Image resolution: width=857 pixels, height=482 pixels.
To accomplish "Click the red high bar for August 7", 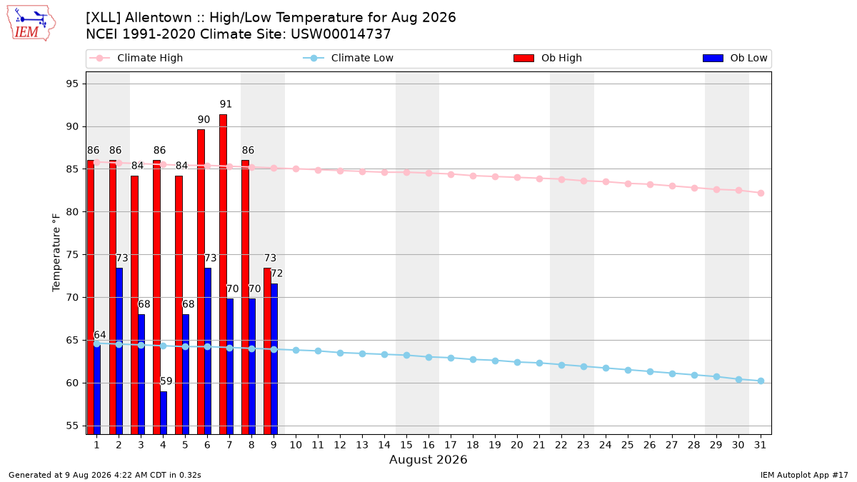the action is coord(223,274).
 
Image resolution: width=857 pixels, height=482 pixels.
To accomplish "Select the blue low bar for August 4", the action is coord(164,413).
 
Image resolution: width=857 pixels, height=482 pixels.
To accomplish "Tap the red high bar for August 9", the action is coord(267,351).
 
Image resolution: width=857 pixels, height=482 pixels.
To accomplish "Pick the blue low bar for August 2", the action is coord(119,351).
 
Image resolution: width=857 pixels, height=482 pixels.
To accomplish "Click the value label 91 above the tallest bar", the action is coord(226,104).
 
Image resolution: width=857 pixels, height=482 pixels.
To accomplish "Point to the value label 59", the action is coord(166,381).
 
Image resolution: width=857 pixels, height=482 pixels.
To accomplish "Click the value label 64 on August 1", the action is coord(100,335).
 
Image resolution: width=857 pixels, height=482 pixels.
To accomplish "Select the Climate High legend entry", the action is coord(136,58).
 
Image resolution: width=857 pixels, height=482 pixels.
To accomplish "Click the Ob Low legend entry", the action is coord(735,58).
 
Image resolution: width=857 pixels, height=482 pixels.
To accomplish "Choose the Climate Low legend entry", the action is coord(349,58).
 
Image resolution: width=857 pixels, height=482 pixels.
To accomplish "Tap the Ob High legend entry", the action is coord(548,58).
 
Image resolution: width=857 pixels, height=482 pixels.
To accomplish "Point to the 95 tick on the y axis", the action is coord(72,84).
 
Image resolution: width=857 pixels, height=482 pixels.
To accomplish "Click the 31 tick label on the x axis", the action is coord(760,445).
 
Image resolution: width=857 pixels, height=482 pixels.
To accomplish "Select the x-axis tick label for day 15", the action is coord(406,445).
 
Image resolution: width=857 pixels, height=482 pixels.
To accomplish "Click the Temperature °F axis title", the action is coord(56,253).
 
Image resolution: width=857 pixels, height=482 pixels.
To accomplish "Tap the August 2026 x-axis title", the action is coord(428,459).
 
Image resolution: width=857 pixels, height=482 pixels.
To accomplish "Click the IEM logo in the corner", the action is coord(31,24).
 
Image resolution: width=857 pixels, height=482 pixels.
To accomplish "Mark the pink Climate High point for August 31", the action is coord(761,194).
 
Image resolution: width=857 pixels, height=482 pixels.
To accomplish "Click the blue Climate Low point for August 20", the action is coord(517,362).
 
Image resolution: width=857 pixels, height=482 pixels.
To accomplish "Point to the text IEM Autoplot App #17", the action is coord(804,475).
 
